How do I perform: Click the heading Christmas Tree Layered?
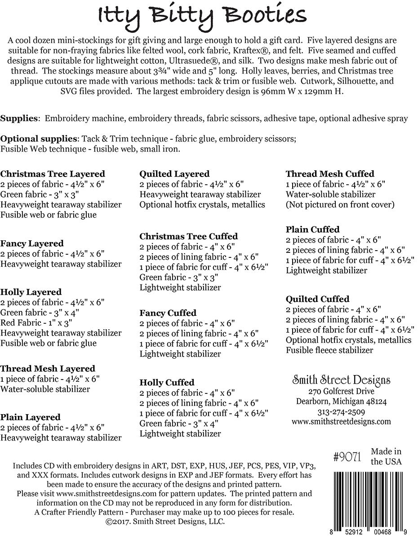click(53, 174)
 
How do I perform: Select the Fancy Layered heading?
click(32, 243)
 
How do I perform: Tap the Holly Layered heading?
click(31, 292)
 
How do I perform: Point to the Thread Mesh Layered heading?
click(48, 369)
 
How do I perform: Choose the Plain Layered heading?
click(30, 417)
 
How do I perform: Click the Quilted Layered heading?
click(174, 174)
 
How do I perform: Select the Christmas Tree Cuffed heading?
click(188, 236)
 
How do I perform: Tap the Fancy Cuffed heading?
click(168, 313)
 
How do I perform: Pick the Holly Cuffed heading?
click(167, 383)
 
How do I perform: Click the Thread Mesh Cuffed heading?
click(330, 174)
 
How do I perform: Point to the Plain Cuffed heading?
click(312, 230)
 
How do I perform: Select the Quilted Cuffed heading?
click(317, 299)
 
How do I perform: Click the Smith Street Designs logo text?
click(341, 380)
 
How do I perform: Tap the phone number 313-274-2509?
click(341, 412)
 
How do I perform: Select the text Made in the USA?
click(386, 456)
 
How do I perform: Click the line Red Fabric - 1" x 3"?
click(36, 323)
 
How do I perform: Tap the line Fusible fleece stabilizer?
click(329, 350)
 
